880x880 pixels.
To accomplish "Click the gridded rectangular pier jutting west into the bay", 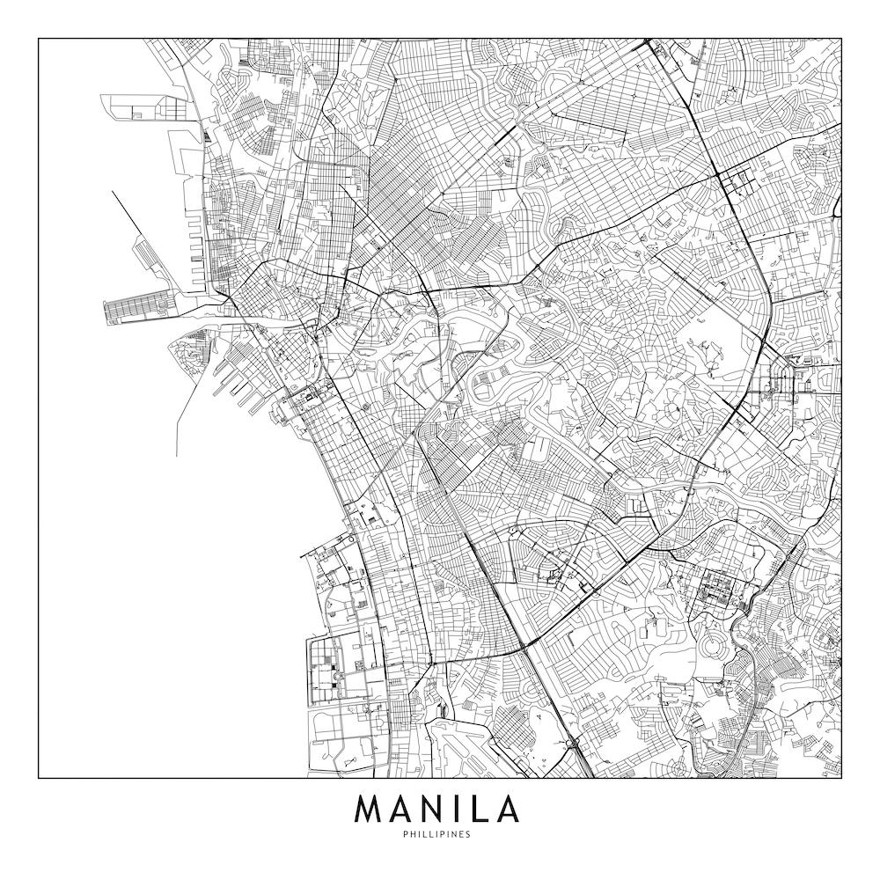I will (136, 311).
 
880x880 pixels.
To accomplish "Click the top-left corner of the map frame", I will (39, 39).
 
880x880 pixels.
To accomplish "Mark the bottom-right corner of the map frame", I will (841, 778).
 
